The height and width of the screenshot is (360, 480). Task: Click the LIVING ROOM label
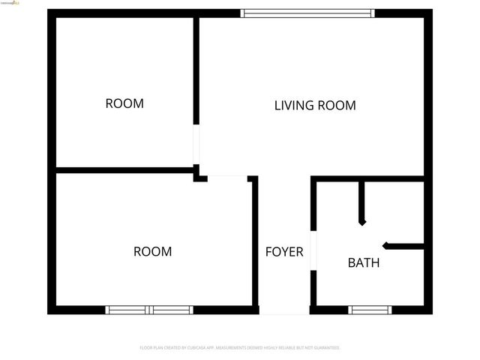point(315,106)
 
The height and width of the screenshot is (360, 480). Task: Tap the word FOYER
point(284,252)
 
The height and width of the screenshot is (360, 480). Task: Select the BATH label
point(363,263)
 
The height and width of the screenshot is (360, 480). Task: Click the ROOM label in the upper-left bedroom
point(124,103)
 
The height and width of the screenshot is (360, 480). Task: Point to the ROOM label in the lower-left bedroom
point(152,252)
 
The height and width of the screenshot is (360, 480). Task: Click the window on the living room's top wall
point(307,13)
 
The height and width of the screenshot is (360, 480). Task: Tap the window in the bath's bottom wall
point(370,310)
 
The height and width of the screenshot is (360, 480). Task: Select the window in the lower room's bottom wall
point(149,310)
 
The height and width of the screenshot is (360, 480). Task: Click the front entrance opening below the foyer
point(284,310)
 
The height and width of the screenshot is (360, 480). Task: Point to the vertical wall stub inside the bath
point(361,202)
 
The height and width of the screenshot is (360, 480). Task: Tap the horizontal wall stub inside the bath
point(404,245)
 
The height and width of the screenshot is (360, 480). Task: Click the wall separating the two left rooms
point(124,170)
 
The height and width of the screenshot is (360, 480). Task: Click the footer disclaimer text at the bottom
point(240,348)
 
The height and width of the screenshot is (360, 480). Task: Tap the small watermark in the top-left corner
point(11,4)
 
